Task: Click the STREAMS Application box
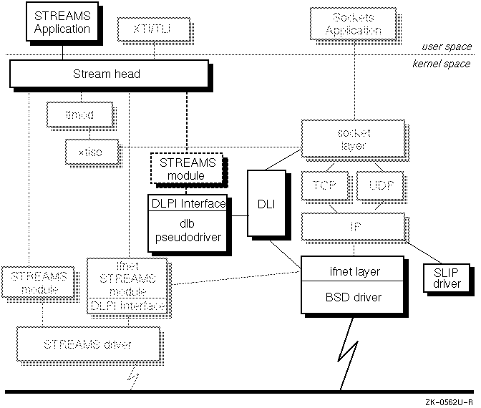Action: click(62, 23)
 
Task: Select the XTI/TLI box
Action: click(147, 29)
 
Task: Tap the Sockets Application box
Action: click(352, 23)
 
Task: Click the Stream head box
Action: click(107, 74)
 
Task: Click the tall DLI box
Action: click(261, 204)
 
